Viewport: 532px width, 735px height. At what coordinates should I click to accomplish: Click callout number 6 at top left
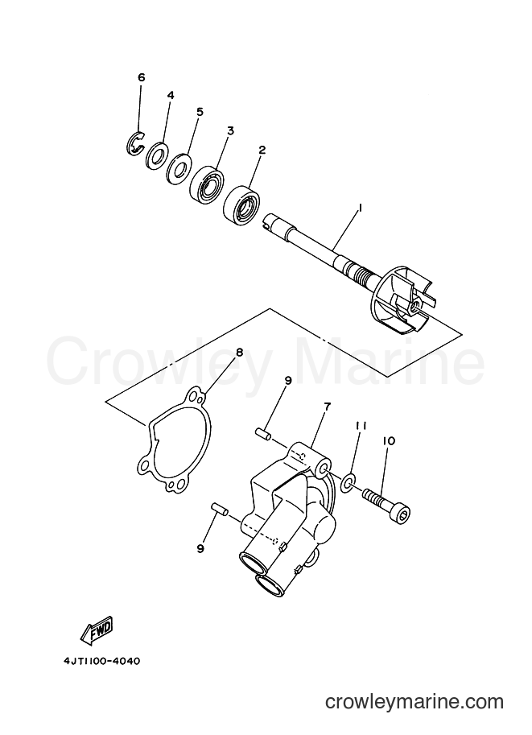[142, 77]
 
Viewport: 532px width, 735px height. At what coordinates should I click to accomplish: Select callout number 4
[171, 95]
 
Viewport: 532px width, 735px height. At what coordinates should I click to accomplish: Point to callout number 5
[200, 112]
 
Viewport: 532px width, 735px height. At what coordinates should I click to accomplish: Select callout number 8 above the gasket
[240, 353]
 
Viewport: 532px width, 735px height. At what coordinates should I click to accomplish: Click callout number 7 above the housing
[327, 407]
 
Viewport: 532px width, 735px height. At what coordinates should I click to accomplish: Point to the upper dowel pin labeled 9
[262, 434]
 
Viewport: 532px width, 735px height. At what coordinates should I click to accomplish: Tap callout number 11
[361, 426]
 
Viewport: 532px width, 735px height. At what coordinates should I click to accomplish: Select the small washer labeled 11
[348, 482]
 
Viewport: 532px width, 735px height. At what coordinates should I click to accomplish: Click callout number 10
[389, 440]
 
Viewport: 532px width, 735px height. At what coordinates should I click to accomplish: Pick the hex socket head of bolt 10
[403, 515]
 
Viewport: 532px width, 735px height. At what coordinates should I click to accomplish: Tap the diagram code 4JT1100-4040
[101, 662]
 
